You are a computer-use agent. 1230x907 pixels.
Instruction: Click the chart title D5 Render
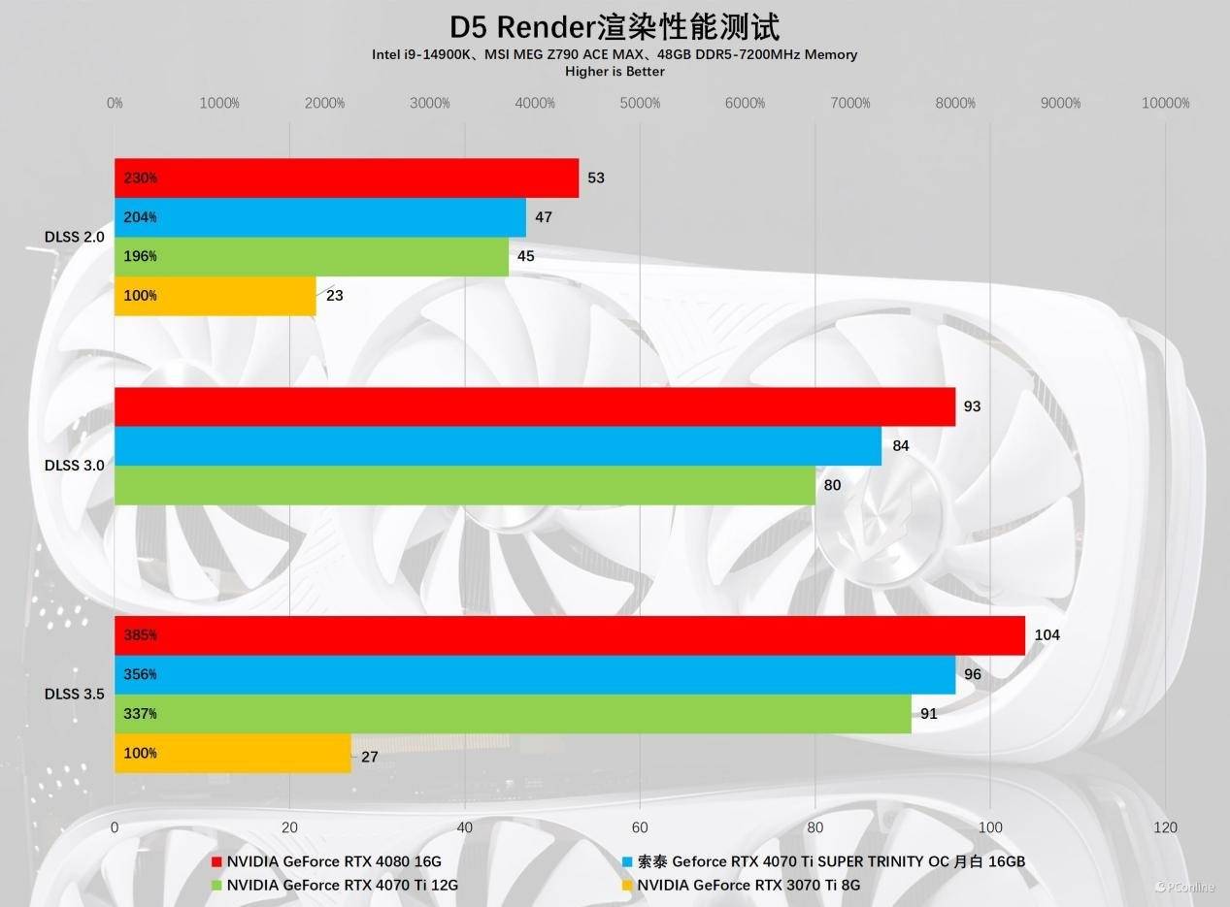pos(615,26)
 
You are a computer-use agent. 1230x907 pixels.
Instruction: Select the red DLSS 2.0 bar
pos(347,178)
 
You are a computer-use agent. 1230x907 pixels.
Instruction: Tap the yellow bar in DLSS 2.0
pos(216,296)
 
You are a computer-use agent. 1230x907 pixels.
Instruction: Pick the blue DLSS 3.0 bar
pos(498,446)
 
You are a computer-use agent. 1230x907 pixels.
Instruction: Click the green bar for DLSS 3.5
pos(513,714)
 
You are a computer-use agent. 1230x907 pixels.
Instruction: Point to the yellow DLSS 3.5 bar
pos(233,754)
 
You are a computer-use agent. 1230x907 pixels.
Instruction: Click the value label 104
pos(1047,635)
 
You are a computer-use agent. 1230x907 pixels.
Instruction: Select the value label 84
pos(900,446)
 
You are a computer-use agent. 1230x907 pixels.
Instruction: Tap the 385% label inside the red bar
pos(141,635)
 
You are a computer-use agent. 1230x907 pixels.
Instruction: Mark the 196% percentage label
pos(141,256)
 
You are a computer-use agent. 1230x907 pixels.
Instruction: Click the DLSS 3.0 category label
pos(75,466)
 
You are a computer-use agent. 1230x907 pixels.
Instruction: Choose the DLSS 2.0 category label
pos(75,237)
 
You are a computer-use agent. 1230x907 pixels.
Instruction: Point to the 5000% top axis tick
pos(640,103)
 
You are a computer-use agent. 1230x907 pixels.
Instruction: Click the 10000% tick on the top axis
pos(1165,103)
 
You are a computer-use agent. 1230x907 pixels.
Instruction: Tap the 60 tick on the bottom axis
pos(640,827)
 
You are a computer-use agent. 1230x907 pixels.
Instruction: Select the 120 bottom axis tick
pos(1165,827)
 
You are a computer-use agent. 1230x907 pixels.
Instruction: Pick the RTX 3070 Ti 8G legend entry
pos(748,885)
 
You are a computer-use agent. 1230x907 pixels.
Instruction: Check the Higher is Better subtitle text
pos(615,71)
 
